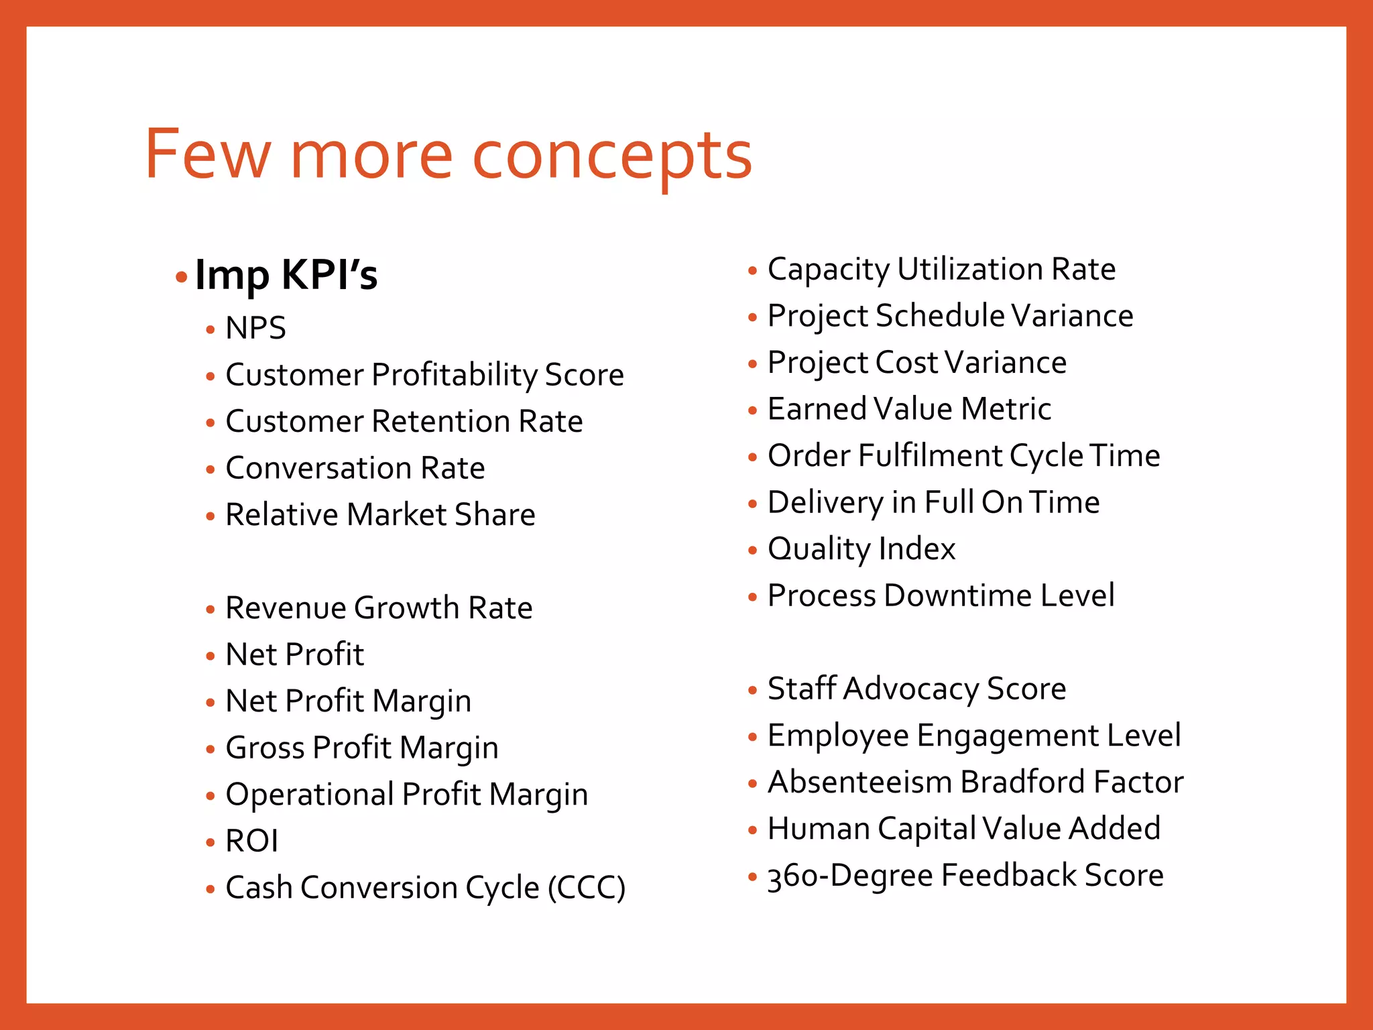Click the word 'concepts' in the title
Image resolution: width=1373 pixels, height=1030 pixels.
(x=612, y=156)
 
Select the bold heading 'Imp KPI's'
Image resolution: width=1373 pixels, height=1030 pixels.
(x=286, y=275)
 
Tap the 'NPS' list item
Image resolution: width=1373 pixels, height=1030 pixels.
(x=255, y=329)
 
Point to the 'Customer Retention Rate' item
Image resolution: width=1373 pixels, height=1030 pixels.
(x=404, y=422)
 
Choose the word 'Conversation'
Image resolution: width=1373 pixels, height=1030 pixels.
(x=318, y=468)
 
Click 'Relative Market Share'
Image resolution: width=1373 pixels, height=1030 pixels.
(x=380, y=515)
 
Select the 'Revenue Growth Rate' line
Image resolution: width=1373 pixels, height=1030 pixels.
(x=379, y=608)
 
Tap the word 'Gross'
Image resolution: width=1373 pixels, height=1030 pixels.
(x=264, y=748)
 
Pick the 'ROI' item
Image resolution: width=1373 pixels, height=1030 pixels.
(x=251, y=842)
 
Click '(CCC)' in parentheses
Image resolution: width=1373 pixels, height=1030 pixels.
(x=587, y=889)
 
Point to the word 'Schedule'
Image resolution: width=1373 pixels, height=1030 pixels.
(x=940, y=316)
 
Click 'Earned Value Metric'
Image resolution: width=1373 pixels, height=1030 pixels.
(x=909, y=409)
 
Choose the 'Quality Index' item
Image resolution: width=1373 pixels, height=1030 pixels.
(x=861, y=549)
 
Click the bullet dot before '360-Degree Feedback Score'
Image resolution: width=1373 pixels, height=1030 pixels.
(x=752, y=876)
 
